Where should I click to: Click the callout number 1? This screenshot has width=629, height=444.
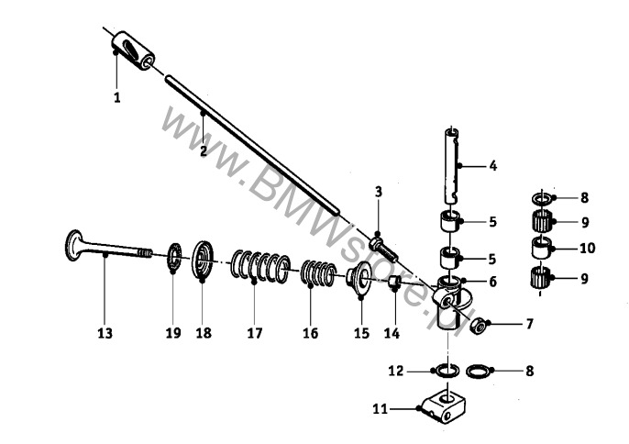click(116, 97)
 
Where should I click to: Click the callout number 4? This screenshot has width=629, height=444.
click(493, 166)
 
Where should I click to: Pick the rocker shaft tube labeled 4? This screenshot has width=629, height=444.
click(453, 165)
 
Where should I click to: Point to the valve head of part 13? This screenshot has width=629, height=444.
click(73, 245)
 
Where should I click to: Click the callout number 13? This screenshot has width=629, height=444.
click(105, 333)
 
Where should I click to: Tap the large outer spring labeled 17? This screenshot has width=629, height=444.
click(260, 267)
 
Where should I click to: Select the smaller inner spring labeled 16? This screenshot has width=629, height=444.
click(318, 273)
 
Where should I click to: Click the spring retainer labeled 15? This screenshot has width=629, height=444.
click(359, 278)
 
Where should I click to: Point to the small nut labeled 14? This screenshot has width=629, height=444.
click(393, 282)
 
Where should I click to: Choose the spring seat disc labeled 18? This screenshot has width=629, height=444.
click(203, 260)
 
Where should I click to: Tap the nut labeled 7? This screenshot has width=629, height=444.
click(478, 325)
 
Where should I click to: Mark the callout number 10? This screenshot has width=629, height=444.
click(587, 249)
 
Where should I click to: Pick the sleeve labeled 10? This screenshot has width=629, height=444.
click(542, 248)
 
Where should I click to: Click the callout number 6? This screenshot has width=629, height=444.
click(492, 282)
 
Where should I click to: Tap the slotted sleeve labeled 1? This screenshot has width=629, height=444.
click(133, 50)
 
